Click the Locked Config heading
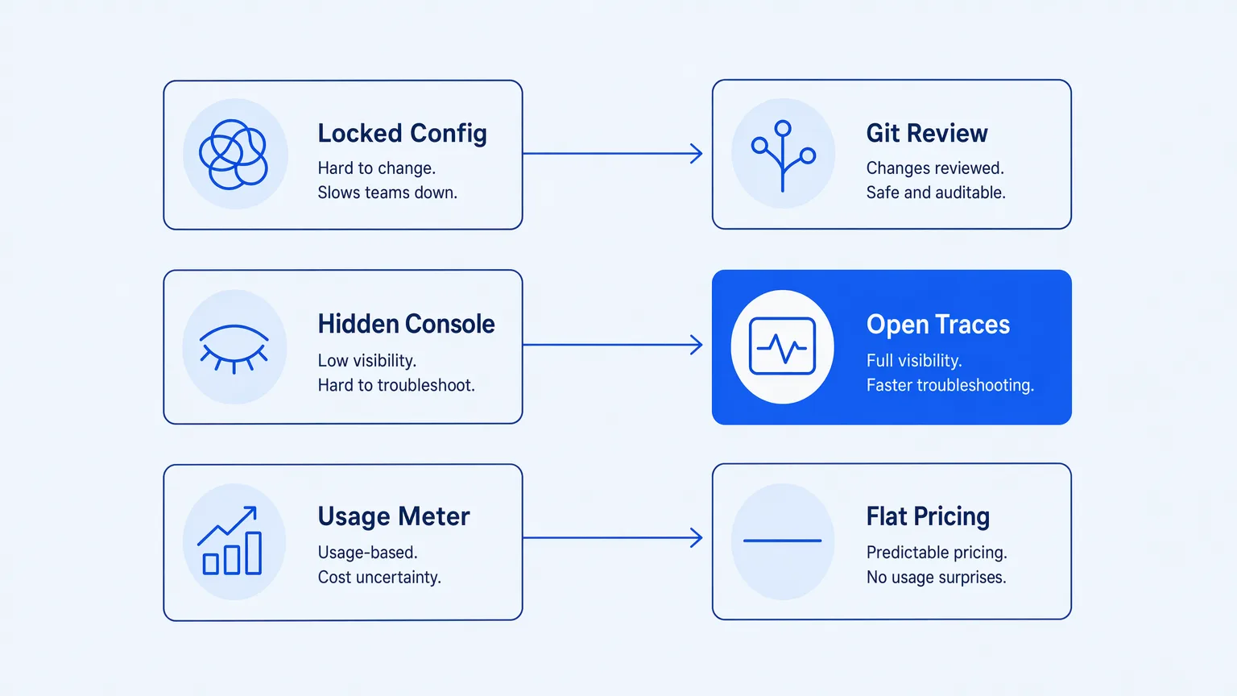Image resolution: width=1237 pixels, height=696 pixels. (402, 134)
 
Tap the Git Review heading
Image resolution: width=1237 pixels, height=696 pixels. (927, 133)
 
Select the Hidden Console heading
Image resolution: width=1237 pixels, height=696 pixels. (406, 324)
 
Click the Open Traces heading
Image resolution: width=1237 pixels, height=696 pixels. (937, 325)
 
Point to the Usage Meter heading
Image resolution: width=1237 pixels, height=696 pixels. (394, 516)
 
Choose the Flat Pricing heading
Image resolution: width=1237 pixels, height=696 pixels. (928, 517)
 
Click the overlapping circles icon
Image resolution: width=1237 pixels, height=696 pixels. (234, 154)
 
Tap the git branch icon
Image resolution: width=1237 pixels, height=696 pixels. (783, 155)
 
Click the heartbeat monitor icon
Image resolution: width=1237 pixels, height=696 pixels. (782, 346)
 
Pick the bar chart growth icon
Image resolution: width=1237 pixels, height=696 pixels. (230, 541)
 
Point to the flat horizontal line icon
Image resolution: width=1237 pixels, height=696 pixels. (783, 541)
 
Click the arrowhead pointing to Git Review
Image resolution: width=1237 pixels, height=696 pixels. (697, 154)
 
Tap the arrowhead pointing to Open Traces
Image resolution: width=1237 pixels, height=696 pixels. (697, 345)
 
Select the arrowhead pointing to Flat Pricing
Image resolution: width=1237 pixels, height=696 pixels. (697, 537)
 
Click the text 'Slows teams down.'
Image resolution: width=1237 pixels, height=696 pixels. (387, 193)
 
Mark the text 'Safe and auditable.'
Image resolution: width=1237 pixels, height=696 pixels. (936, 193)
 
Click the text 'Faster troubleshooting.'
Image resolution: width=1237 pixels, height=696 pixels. (949, 386)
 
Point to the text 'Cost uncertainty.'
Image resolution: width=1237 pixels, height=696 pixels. (379, 578)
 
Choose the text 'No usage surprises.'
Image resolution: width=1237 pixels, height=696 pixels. (936, 578)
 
